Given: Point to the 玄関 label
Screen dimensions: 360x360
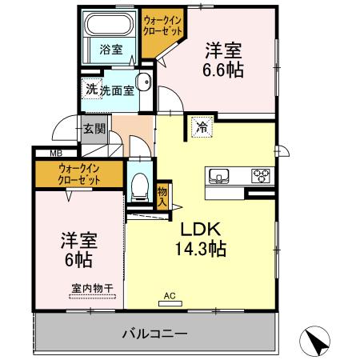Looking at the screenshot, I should (94, 128).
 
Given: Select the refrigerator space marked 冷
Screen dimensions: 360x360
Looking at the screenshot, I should (202, 126).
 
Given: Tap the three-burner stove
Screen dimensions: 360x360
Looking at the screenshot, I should (262, 175).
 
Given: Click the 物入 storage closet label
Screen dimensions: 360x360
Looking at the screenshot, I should (162, 195).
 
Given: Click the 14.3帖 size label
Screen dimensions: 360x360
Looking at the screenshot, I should (200, 249).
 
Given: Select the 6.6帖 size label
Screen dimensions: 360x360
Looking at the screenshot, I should (222, 69).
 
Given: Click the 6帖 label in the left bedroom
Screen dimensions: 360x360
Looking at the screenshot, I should (77, 260).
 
